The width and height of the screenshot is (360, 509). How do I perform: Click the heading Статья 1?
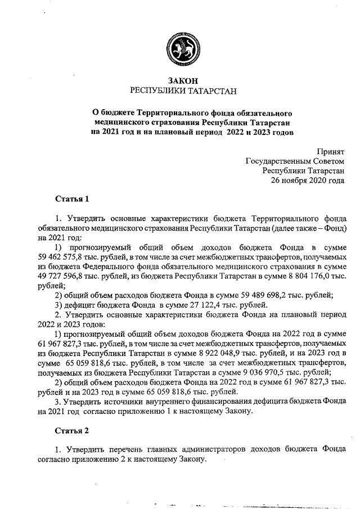coord(72,199)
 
